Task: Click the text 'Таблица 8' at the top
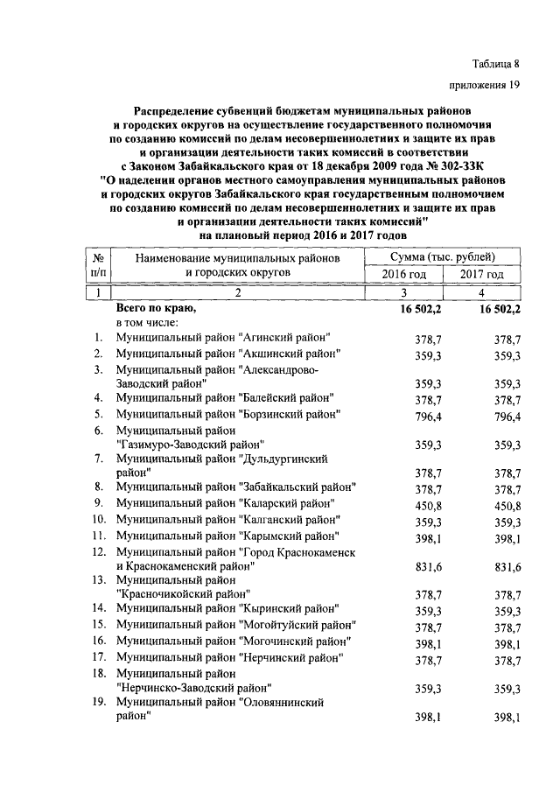(495, 62)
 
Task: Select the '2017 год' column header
(482, 274)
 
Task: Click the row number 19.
(100, 702)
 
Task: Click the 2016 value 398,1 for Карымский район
(429, 536)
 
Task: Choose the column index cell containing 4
(482, 292)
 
